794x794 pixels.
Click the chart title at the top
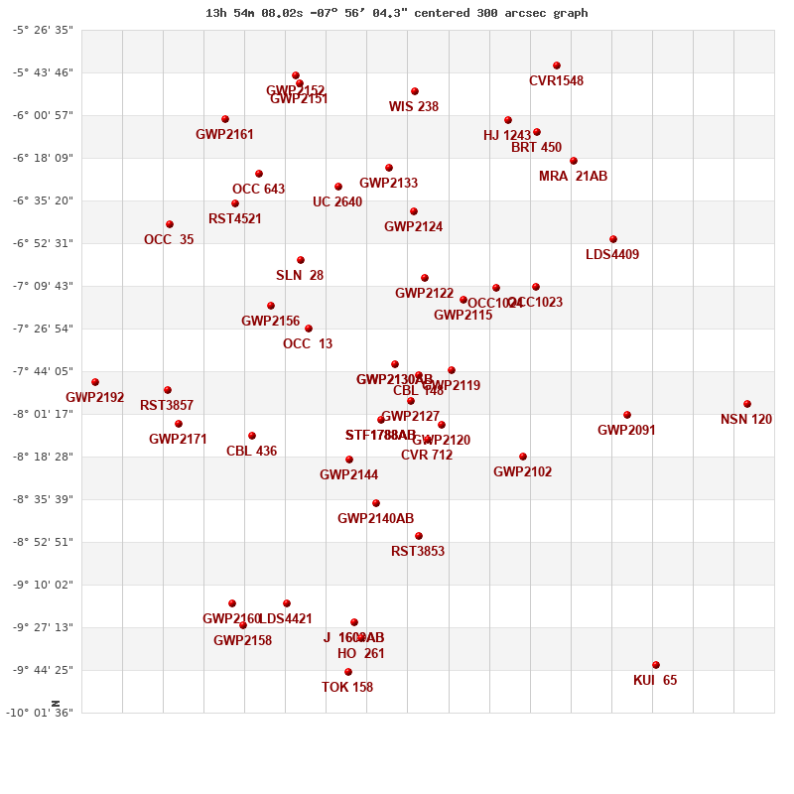(x=397, y=13)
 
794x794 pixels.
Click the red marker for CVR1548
(x=557, y=66)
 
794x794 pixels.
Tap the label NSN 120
(x=746, y=420)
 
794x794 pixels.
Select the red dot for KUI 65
(x=656, y=665)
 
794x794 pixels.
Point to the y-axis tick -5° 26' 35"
(x=43, y=30)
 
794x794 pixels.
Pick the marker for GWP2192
(x=95, y=382)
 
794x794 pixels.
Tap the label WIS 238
(x=414, y=107)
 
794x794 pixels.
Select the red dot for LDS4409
(x=613, y=239)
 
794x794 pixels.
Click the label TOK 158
(x=347, y=688)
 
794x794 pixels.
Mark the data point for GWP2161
(x=225, y=119)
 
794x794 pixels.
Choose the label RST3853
(x=418, y=552)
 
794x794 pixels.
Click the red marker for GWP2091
(x=627, y=415)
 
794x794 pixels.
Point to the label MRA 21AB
(x=574, y=177)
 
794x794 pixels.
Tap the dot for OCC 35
(x=170, y=224)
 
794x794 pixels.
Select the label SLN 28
(x=300, y=276)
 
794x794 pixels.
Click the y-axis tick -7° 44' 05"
(x=43, y=371)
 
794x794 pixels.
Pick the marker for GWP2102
(x=523, y=457)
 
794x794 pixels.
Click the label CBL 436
(x=252, y=452)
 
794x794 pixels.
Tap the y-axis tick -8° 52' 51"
(x=43, y=542)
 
